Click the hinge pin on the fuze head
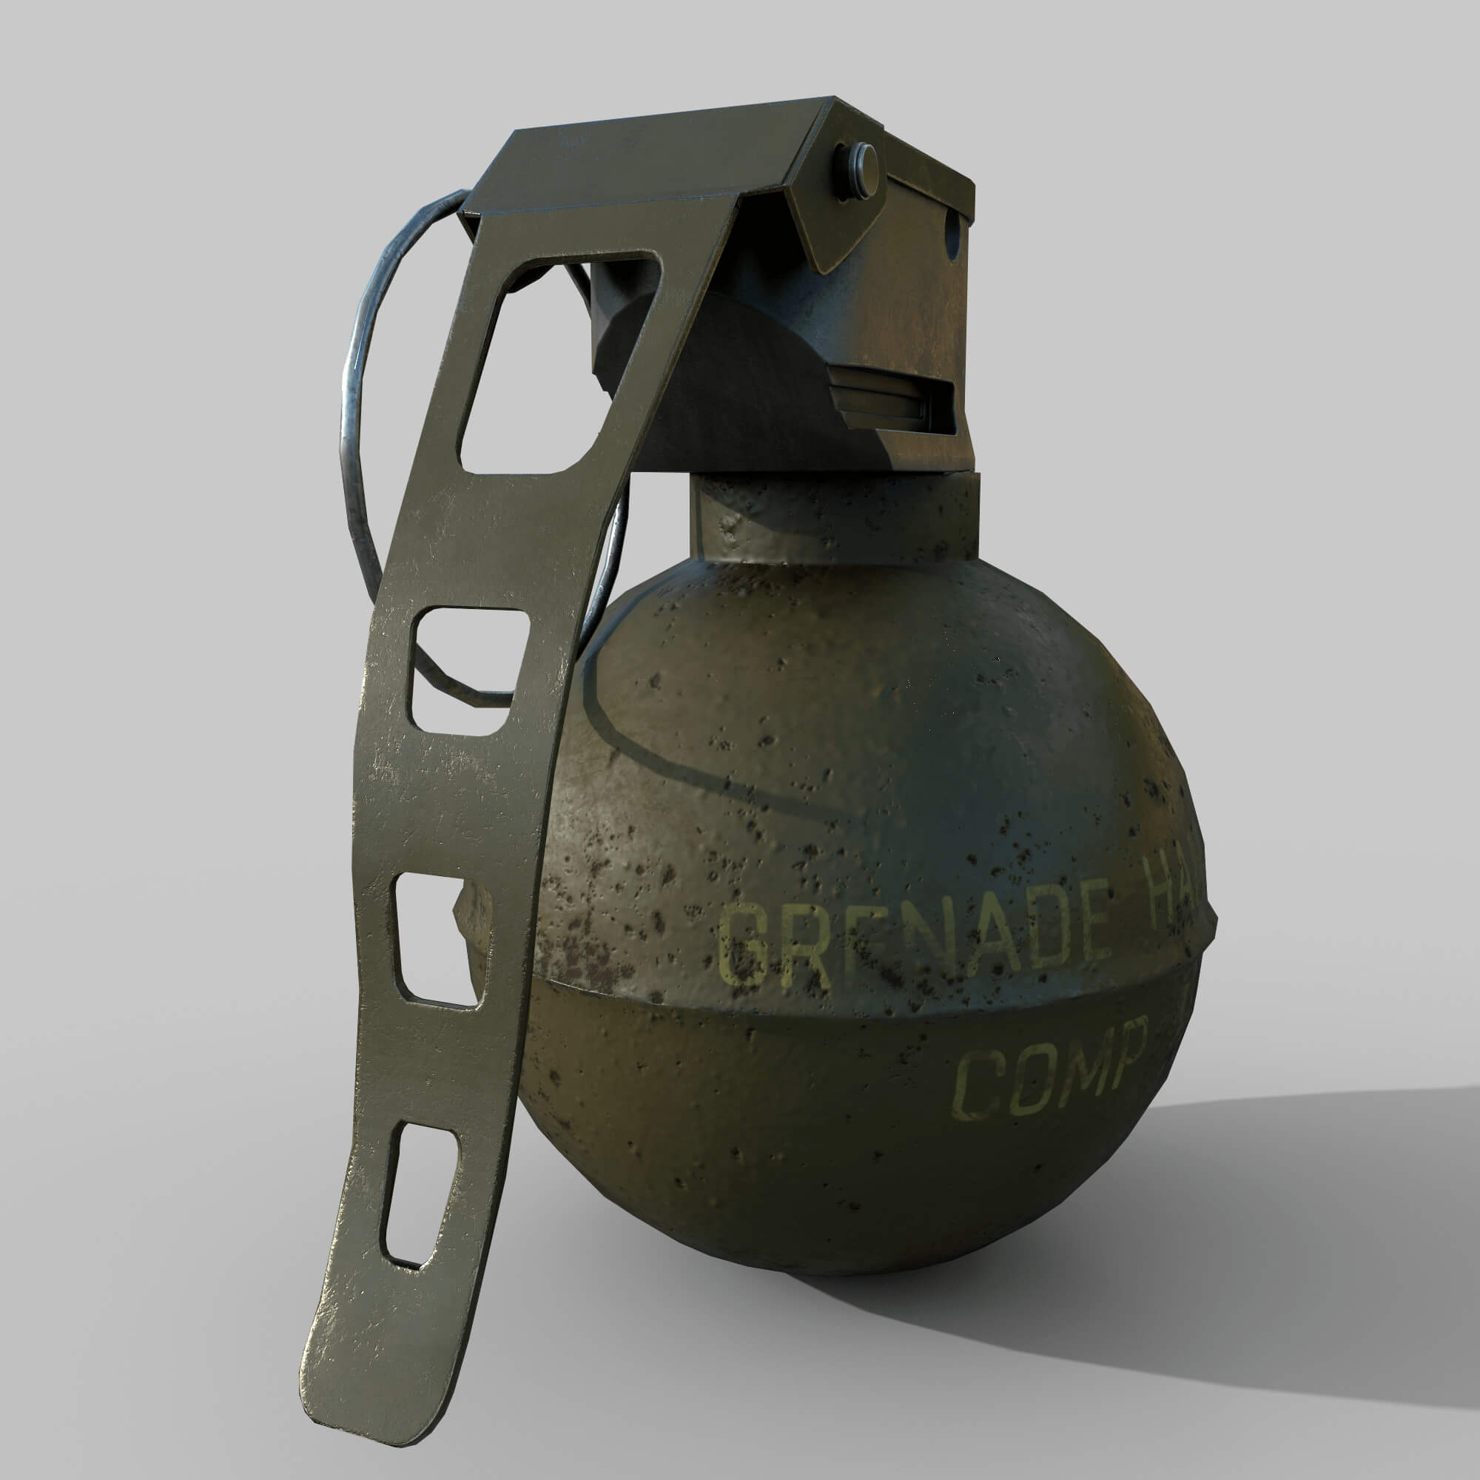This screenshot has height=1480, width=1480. (x=858, y=172)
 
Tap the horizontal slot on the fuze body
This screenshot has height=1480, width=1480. (x=892, y=398)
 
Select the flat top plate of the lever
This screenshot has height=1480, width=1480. (x=644, y=161)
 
